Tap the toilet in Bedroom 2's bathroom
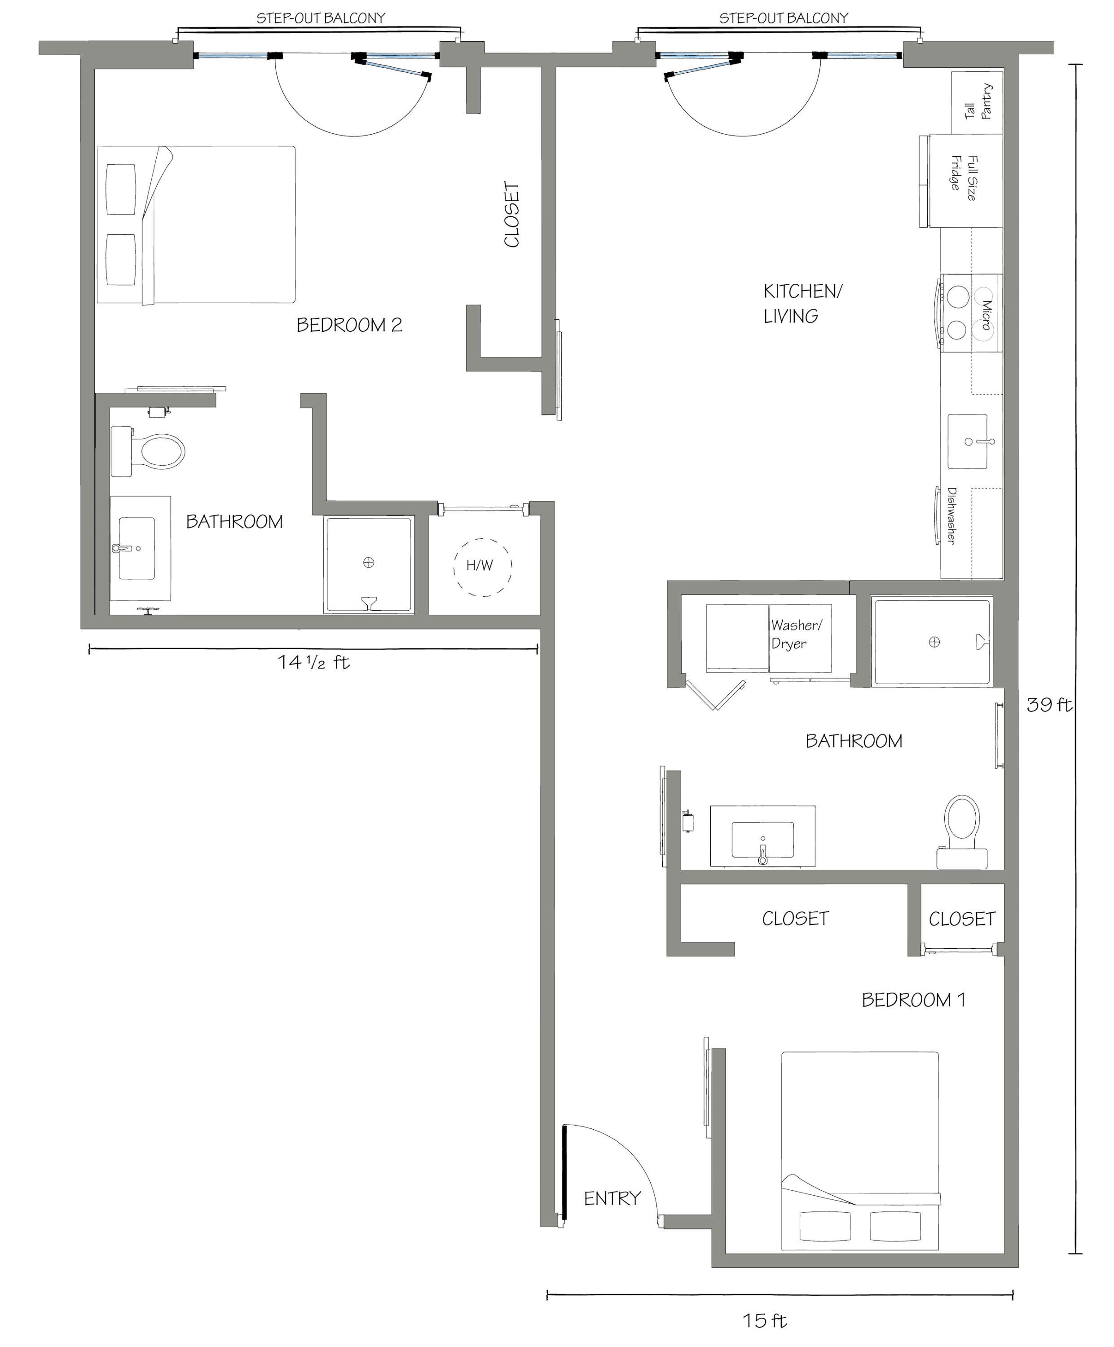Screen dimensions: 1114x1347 point(148,452)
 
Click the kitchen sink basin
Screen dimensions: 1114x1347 point(968,441)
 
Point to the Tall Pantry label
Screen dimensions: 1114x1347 point(978,101)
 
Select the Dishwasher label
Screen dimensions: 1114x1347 point(951,516)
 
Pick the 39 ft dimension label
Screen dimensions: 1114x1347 point(1048,705)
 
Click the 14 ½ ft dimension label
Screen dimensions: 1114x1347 point(313,662)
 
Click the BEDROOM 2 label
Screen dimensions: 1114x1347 point(349,325)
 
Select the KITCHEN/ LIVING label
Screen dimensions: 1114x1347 point(802,304)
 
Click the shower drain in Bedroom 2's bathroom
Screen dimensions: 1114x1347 point(369,563)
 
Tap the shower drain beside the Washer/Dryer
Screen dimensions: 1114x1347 point(934,642)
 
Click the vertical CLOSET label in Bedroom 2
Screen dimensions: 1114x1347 point(512,215)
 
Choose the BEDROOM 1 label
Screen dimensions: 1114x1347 point(913,1000)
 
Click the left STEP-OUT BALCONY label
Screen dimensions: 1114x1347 point(321,18)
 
